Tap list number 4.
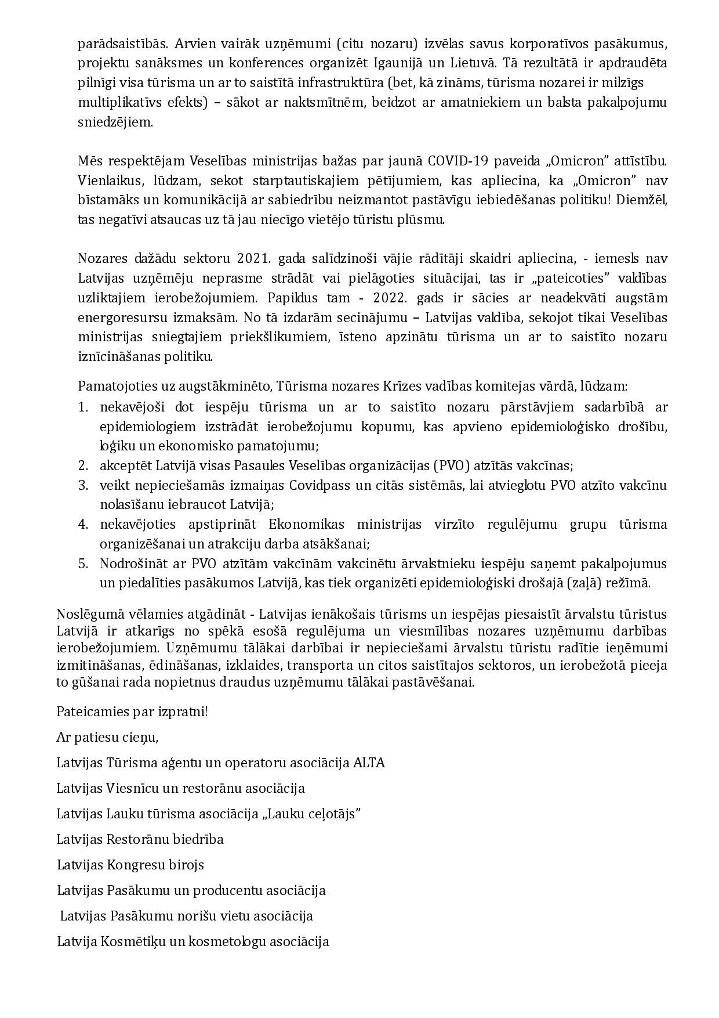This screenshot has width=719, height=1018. tap(83, 525)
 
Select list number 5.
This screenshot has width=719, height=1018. tap(83, 564)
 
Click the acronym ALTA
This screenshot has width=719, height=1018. tap(369, 763)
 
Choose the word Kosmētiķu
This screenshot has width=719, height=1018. tap(133, 941)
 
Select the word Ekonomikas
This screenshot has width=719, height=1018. tap(306, 525)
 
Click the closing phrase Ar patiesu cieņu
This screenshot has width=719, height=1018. tap(107, 738)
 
